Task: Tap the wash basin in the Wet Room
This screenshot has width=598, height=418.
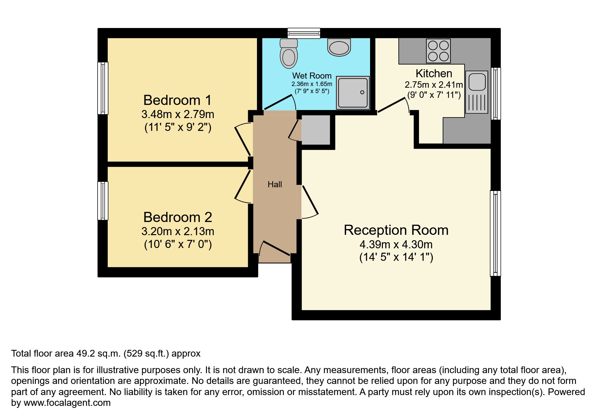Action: (339, 48)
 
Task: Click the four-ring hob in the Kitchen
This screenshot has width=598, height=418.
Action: (438, 51)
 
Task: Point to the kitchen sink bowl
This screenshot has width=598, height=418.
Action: (477, 81)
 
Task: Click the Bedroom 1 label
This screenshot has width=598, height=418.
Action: (177, 100)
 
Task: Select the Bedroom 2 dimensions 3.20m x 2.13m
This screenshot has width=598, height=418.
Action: (178, 231)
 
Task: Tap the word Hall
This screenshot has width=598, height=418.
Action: (275, 185)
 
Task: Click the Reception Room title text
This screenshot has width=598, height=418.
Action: (396, 230)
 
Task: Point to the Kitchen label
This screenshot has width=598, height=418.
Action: (434, 73)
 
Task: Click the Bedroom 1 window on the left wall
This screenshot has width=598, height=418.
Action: (103, 88)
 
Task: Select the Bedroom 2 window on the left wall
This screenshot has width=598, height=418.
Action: (103, 201)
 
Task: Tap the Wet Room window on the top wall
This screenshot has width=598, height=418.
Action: (304, 33)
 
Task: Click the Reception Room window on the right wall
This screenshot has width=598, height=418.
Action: (495, 233)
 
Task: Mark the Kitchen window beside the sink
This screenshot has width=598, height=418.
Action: (495, 93)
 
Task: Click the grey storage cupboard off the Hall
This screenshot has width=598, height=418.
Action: (315, 130)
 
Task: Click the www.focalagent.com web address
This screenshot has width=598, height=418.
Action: (67, 403)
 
